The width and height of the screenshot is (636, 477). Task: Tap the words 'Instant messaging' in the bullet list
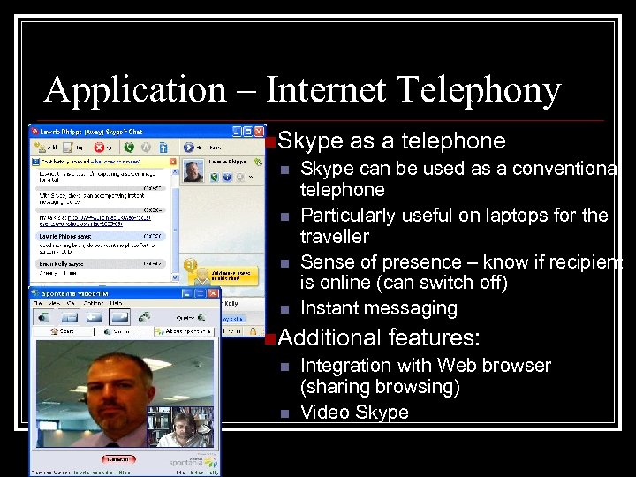[x=379, y=308]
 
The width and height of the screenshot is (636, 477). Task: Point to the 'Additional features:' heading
[x=379, y=337]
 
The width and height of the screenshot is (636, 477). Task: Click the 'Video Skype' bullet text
[x=354, y=412]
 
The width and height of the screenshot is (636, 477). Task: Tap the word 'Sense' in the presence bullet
[x=328, y=262]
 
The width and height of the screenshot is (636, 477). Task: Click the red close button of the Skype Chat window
[x=261, y=131]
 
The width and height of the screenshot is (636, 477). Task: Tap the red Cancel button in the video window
[x=117, y=459]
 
